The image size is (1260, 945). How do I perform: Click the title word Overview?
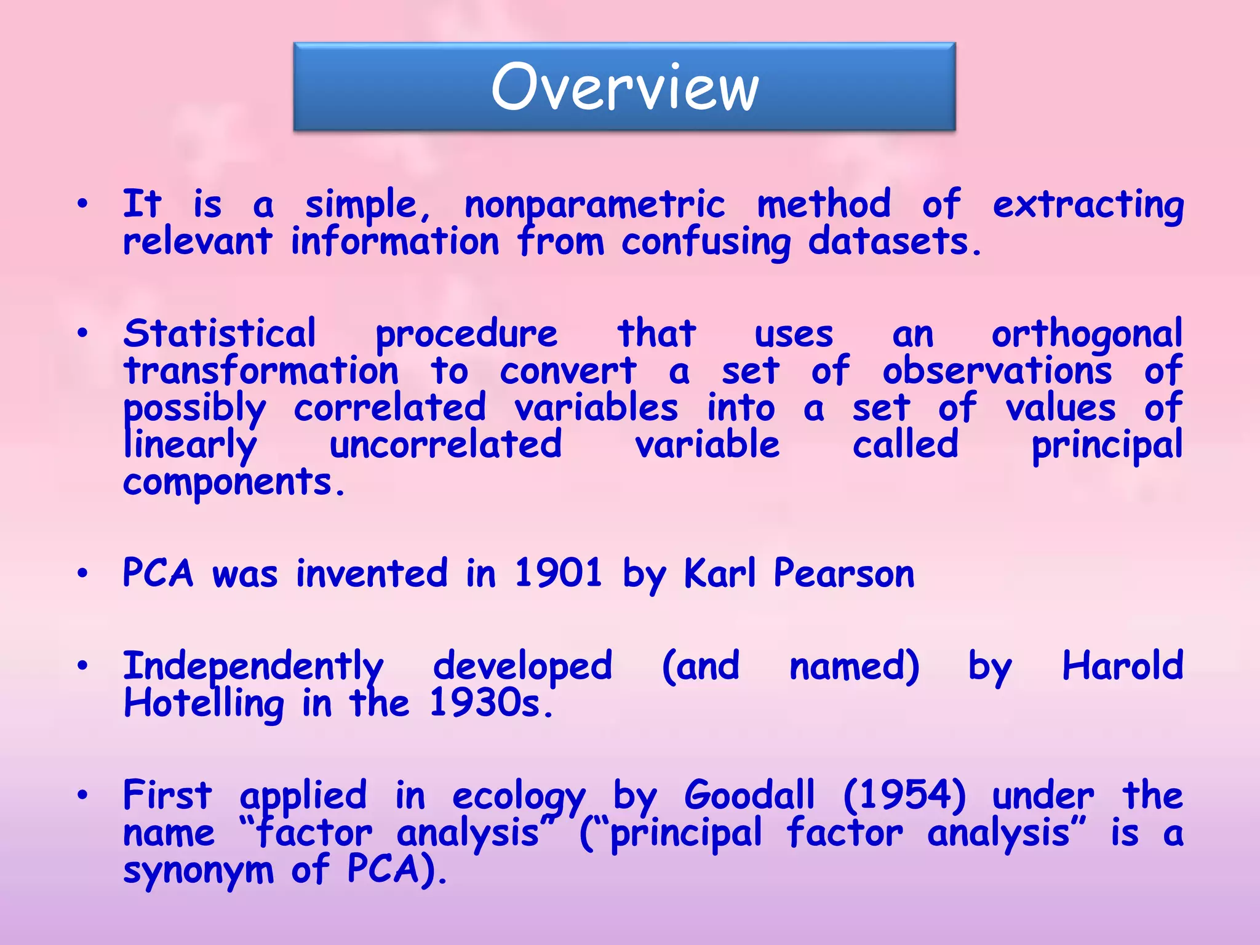tap(624, 87)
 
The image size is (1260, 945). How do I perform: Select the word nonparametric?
tap(594, 205)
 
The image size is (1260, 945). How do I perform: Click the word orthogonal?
tap(1087, 335)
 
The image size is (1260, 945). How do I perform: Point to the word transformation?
tap(261, 372)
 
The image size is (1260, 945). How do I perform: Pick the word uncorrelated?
tap(445, 445)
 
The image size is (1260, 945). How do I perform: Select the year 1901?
tap(558, 573)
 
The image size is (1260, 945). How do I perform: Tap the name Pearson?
tap(843, 573)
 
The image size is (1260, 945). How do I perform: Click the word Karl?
tap(719, 573)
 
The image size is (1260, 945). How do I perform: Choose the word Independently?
tap(253, 667)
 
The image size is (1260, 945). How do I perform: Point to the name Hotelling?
tap(204, 704)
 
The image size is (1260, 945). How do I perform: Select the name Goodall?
tap(749, 795)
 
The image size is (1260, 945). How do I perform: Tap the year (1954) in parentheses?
tap(904, 795)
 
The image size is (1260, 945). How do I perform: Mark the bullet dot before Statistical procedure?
tap(83, 334)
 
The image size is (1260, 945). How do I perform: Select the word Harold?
tap(1122, 666)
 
